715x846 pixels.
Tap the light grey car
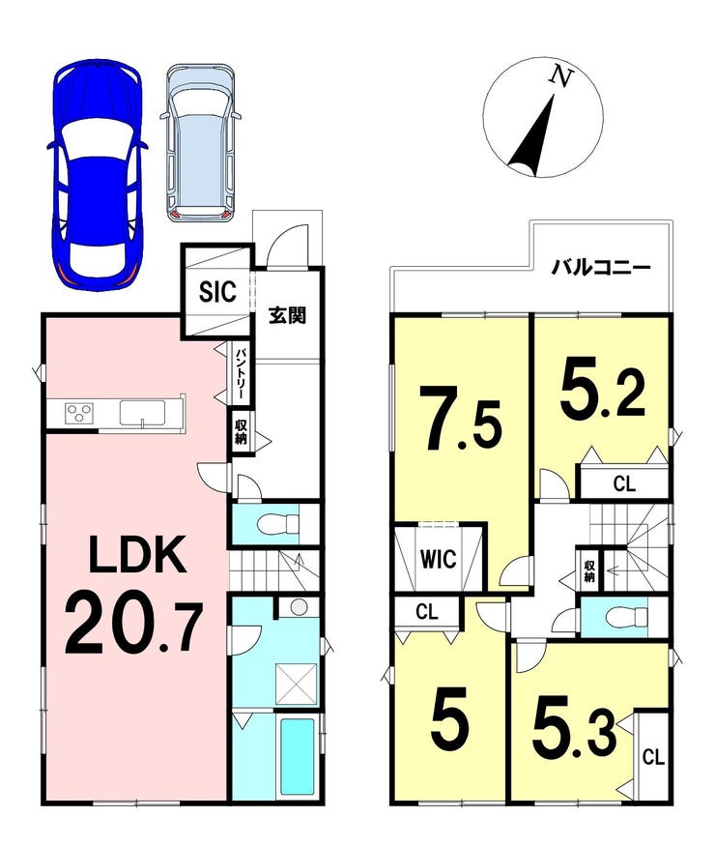tap(200, 143)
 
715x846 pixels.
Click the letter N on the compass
tap(560, 76)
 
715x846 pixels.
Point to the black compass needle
tap(533, 135)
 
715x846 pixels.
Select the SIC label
tap(217, 292)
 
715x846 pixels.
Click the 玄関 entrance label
tap(288, 315)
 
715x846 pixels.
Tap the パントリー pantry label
tap(241, 373)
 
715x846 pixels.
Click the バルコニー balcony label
tap(601, 268)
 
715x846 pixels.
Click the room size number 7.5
tap(464, 417)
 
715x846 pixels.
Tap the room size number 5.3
tap(574, 733)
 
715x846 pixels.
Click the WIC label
tap(439, 559)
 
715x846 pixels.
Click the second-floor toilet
tap(626, 616)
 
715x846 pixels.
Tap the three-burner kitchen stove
tap(79, 414)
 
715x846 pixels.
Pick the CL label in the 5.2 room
tap(624, 483)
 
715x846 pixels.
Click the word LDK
tap(138, 555)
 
